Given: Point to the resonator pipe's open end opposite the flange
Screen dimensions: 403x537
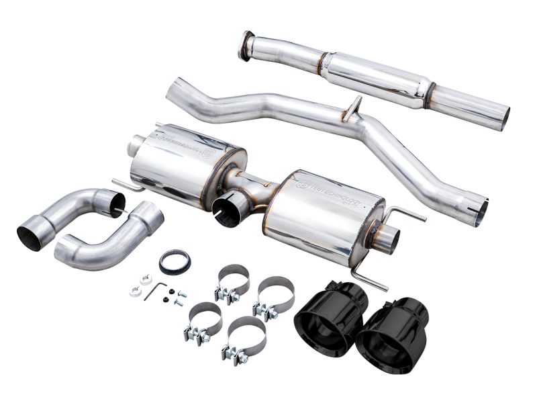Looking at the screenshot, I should point(501,119).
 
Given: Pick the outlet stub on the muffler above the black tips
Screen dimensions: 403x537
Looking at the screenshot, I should point(387,238).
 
